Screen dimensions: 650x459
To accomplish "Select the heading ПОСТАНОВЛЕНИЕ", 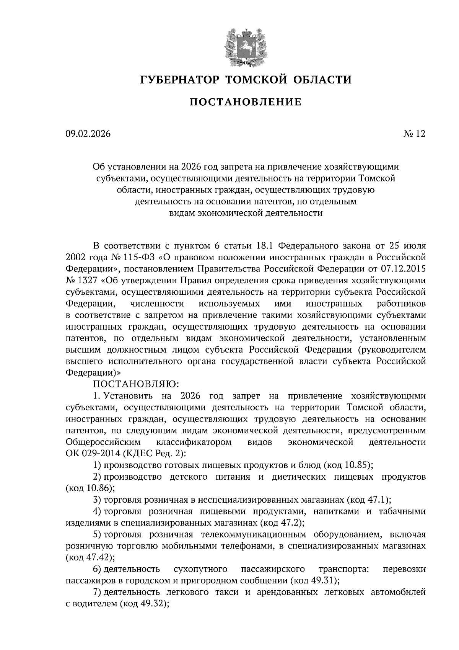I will click(245, 102).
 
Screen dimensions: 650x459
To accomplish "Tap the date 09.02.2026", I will click(88, 134).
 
